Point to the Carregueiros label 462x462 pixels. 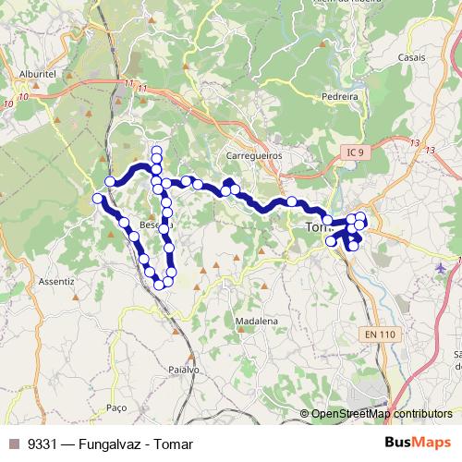254,156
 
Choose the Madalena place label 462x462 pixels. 256,321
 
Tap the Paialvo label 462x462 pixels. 184,369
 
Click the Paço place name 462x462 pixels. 115,407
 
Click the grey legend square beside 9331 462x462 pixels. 13,444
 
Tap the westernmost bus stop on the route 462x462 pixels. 97,199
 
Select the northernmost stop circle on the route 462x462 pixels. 157,151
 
